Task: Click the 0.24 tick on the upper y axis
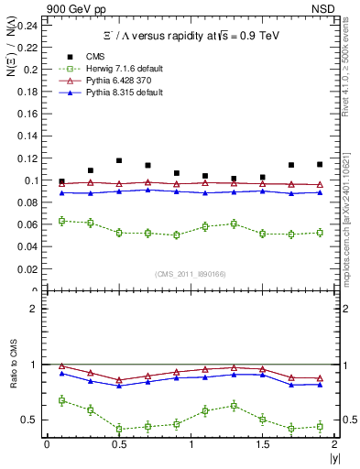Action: point(28,25)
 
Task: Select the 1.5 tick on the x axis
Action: point(262,444)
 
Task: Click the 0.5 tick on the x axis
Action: point(118,444)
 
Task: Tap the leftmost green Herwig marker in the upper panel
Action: point(61,221)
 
